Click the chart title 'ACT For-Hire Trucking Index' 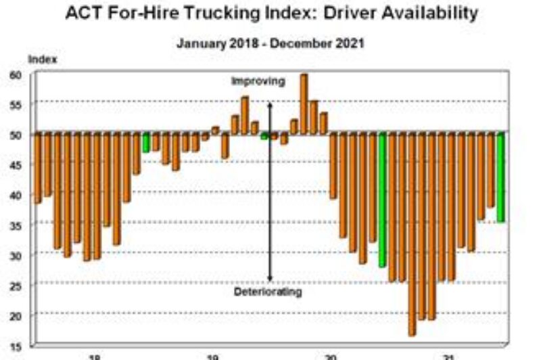point(270,14)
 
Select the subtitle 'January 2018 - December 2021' point(270,43)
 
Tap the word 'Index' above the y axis point(42,60)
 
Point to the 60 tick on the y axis point(16,74)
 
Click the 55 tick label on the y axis point(16,104)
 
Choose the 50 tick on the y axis point(16,135)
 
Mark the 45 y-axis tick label point(16,164)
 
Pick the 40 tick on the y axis point(16,195)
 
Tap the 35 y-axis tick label point(16,225)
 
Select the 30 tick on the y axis point(16,255)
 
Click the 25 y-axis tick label point(16,286)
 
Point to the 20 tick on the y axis point(16,315)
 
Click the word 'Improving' point(258,81)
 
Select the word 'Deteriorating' point(268,292)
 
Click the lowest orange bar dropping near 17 point(412,233)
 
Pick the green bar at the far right point(500,177)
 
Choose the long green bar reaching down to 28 point(382,200)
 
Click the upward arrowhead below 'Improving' point(270,105)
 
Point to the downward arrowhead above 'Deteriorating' point(270,278)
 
